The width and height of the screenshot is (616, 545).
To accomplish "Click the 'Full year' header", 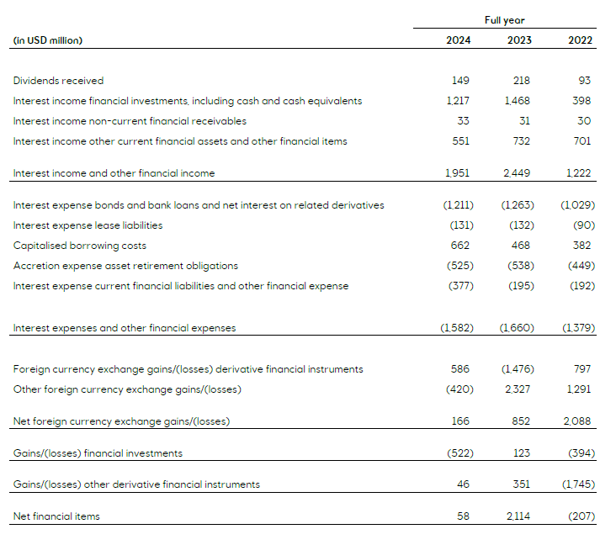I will point(505,19).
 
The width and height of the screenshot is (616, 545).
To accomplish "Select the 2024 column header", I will point(458,40).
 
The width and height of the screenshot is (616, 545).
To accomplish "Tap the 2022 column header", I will point(579,40).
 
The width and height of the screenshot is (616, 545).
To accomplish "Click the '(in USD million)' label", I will point(48,40).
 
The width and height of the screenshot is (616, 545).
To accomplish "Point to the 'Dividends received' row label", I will point(59,81).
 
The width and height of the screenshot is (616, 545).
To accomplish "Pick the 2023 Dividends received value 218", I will point(521,81).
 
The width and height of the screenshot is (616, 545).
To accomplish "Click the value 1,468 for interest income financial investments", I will point(518,101).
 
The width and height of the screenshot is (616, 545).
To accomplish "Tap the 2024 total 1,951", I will point(458,173).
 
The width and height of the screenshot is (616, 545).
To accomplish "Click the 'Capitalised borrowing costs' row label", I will point(80,246).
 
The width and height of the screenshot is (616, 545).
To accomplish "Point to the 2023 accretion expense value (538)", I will point(518,266).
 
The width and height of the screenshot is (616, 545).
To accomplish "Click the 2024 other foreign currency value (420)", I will point(459,389).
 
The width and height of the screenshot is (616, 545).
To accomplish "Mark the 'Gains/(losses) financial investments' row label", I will point(98,453).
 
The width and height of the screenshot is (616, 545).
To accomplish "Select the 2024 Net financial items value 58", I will point(464,516).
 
